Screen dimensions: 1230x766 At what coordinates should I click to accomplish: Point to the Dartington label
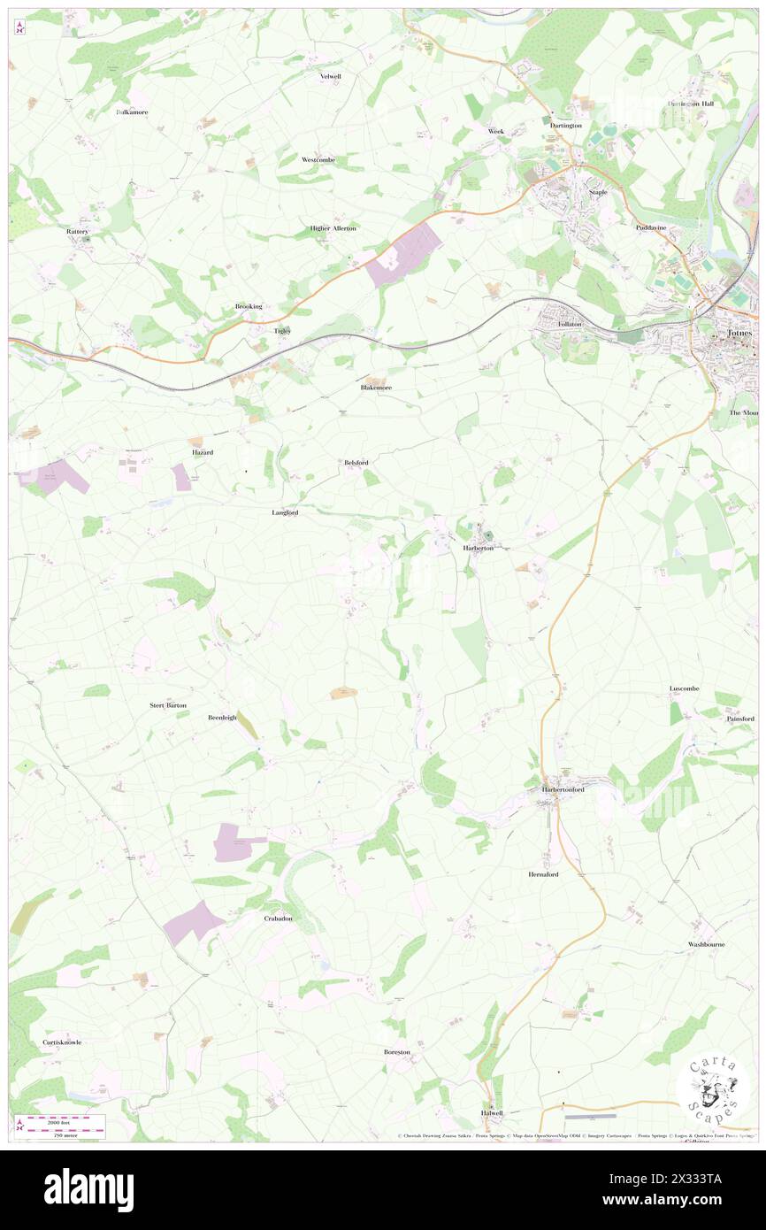pyautogui.click(x=565, y=126)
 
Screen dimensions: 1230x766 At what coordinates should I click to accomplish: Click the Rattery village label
pyautogui.click(x=78, y=231)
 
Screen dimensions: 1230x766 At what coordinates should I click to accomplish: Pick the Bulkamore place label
pyautogui.click(x=133, y=112)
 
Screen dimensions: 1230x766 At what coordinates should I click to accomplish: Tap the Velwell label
pyautogui.click(x=330, y=76)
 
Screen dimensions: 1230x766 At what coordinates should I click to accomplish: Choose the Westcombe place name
pyautogui.click(x=318, y=159)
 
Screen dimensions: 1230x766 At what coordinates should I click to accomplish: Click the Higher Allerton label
pyautogui.click(x=333, y=227)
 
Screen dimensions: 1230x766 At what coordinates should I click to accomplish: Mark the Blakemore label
pyautogui.click(x=376, y=388)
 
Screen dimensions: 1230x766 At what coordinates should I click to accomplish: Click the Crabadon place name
pyautogui.click(x=278, y=919)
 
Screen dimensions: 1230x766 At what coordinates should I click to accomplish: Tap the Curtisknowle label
pyautogui.click(x=62, y=1042)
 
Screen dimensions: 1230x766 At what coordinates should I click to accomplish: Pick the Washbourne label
pyautogui.click(x=707, y=944)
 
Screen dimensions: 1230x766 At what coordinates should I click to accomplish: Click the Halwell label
pyautogui.click(x=492, y=1112)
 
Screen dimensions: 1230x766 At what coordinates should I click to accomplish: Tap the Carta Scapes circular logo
pyautogui.click(x=713, y=1088)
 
